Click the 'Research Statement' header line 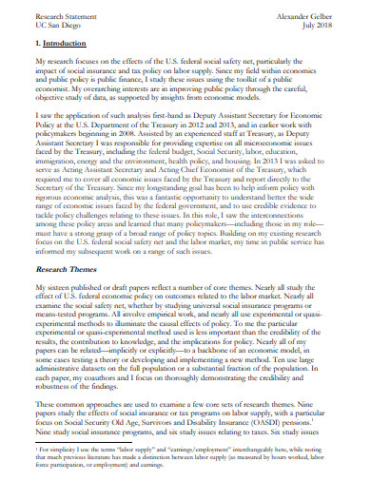pos(58,15)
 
